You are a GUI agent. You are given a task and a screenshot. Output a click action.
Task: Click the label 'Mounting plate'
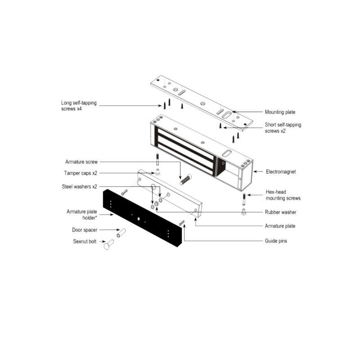pyautogui.click(x=280, y=112)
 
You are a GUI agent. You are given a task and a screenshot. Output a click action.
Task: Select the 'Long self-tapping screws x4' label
pyautogui.click(x=79, y=105)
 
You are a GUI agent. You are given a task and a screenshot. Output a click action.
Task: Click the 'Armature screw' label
pyautogui.click(x=81, y=162)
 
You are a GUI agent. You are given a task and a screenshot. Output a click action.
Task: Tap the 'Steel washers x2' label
pyautogui.click(x=79, y=186)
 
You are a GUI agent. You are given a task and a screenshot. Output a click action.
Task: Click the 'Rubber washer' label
pyautogui.click(x=280, y=212)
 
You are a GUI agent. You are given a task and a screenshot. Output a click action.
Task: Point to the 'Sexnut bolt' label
pyautogui.click(x=85, y=242)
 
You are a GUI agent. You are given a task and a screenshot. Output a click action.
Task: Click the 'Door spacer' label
pyautogui.click(x=85, y=230)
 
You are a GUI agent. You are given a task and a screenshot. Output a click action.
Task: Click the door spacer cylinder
pyautogui.click(x=121, y=233)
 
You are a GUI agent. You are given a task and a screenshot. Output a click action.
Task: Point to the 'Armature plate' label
pyautogui.click(x=280, y=226)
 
